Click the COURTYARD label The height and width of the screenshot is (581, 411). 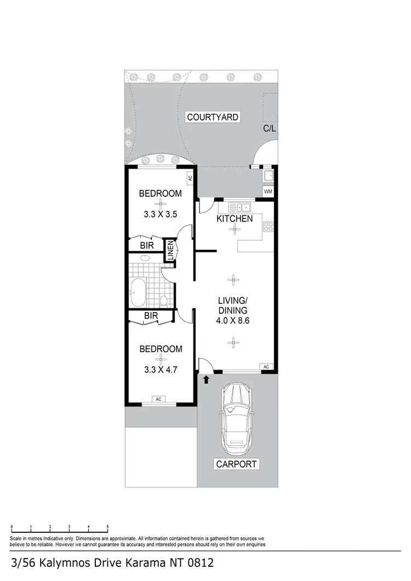click(x=213, y=117)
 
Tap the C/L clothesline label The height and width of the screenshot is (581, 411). click(x=269, y=129)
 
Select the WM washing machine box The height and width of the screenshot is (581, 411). click(x=268, y=192)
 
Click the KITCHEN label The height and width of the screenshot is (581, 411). click(x=235, y=218)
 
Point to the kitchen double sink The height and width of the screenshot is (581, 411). click(x=239, y=207)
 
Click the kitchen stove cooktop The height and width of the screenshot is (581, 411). click(x=268, y=227)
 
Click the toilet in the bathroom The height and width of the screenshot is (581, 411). click(x=164, y=300)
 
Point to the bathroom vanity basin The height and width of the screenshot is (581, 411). click(x=146, y=257)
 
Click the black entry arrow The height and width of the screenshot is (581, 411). click(x=207, y=378)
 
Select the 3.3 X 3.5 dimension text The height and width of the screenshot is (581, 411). click(x=160, y=215)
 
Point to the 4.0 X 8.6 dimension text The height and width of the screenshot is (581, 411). click(x=233, y=321)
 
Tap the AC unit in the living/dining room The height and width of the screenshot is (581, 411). click(x=266, y=366)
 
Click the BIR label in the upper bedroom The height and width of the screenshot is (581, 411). click(x=146, y=245)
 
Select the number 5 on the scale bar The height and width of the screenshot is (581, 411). click(x=107, y=527)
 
